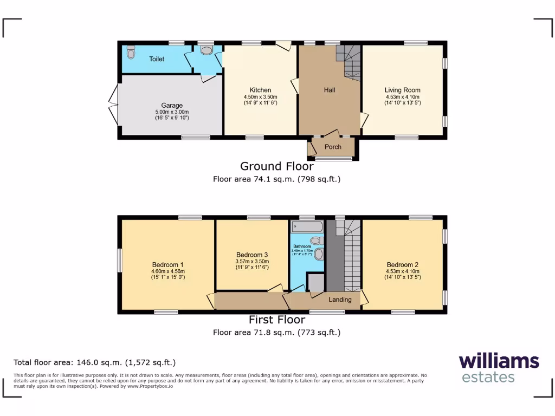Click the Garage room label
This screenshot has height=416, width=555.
pyautogui.click(x=171, y=106)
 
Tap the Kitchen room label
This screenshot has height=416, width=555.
pyautogui.click(x=260, y=90)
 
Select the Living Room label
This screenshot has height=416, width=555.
pyautogui.click(x=402, y=90)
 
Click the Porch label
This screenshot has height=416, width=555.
pyautogui.click(x=333, y=147)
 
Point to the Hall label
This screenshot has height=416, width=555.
pyautogui.click(x=330, y=90)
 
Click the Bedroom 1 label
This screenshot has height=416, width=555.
pyautogui.click(x=167, y=265)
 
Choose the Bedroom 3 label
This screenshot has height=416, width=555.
pyautogui.click(x=252, y=255)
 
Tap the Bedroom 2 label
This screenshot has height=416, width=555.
pyautogui.click(x=402, y=265)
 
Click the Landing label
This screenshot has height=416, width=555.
pyautogui.click(x=340, y=300)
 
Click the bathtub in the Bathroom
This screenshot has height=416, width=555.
pyautogui.click(x=307, y=226)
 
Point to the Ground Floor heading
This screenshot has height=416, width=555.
pyautogui.click(x=276, y=166)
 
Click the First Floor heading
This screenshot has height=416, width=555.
pyautogui.click(x=276, y=320)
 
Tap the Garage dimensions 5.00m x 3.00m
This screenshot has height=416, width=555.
pyautogui.click(x=171, y=112)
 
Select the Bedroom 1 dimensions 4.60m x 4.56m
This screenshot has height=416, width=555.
pyautogui.click(x=167, y=271)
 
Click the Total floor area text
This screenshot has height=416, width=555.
pyautogui.click(x=94, y=363)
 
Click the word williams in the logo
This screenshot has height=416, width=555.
pyautogui.click(x=499, y=361)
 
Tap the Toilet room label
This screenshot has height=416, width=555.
pyautogui.click(x=157, y=59)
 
